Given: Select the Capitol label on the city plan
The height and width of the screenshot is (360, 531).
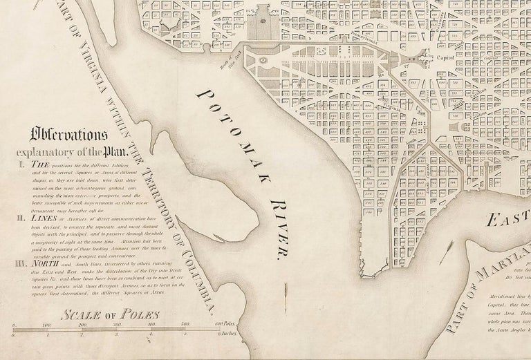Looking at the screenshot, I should [x=443, y=59].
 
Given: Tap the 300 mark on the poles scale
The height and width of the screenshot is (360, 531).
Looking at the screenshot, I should [x=117, y=324].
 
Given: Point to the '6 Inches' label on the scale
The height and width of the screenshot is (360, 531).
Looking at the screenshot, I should [x=225, y=334].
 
